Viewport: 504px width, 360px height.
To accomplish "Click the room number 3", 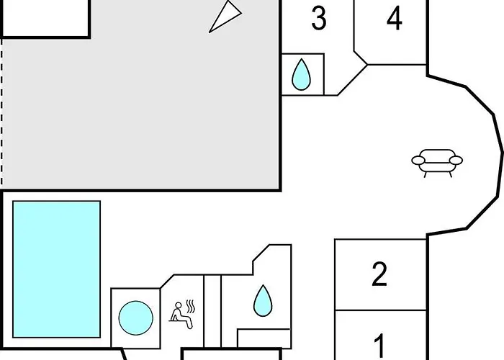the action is click(319, 18).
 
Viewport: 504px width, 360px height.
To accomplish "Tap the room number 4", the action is click(395, 18).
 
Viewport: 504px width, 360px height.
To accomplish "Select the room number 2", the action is click(379, 274).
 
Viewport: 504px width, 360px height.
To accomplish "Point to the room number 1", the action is click(380, 346).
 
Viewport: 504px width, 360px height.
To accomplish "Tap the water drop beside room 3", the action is click(301, 75).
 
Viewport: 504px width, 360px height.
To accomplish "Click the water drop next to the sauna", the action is click(263, 301).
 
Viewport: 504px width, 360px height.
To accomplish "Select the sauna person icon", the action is click(181, 315).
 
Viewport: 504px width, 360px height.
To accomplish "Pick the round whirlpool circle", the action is click(135, 318).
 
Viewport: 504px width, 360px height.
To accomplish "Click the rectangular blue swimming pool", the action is click(57, 269).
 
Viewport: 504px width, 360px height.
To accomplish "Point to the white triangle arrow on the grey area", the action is click(225, 16).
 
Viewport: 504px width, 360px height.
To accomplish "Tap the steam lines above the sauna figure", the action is click(191, 307).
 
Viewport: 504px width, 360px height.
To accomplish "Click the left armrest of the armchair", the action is click(418, 160).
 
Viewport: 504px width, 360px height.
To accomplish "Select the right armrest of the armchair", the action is click(456, 160).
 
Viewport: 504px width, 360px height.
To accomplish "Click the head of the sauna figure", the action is click(179, 305).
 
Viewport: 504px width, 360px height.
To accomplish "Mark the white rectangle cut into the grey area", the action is click(45, 18).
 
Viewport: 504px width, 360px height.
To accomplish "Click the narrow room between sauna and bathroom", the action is click(212, 311).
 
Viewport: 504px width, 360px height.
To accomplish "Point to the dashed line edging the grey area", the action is click(1, 112).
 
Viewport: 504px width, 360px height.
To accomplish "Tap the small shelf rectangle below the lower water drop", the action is click(264, 338).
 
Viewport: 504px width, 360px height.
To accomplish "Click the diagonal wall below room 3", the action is click(353, 80).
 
